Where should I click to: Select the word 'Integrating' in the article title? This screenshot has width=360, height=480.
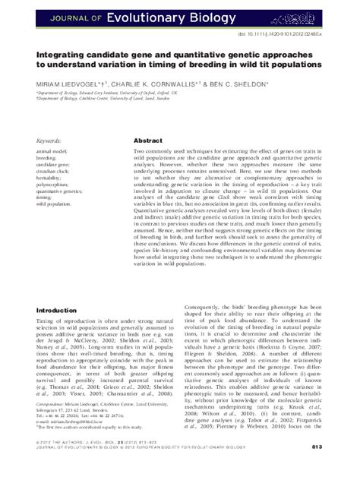(x=54, y=55)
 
